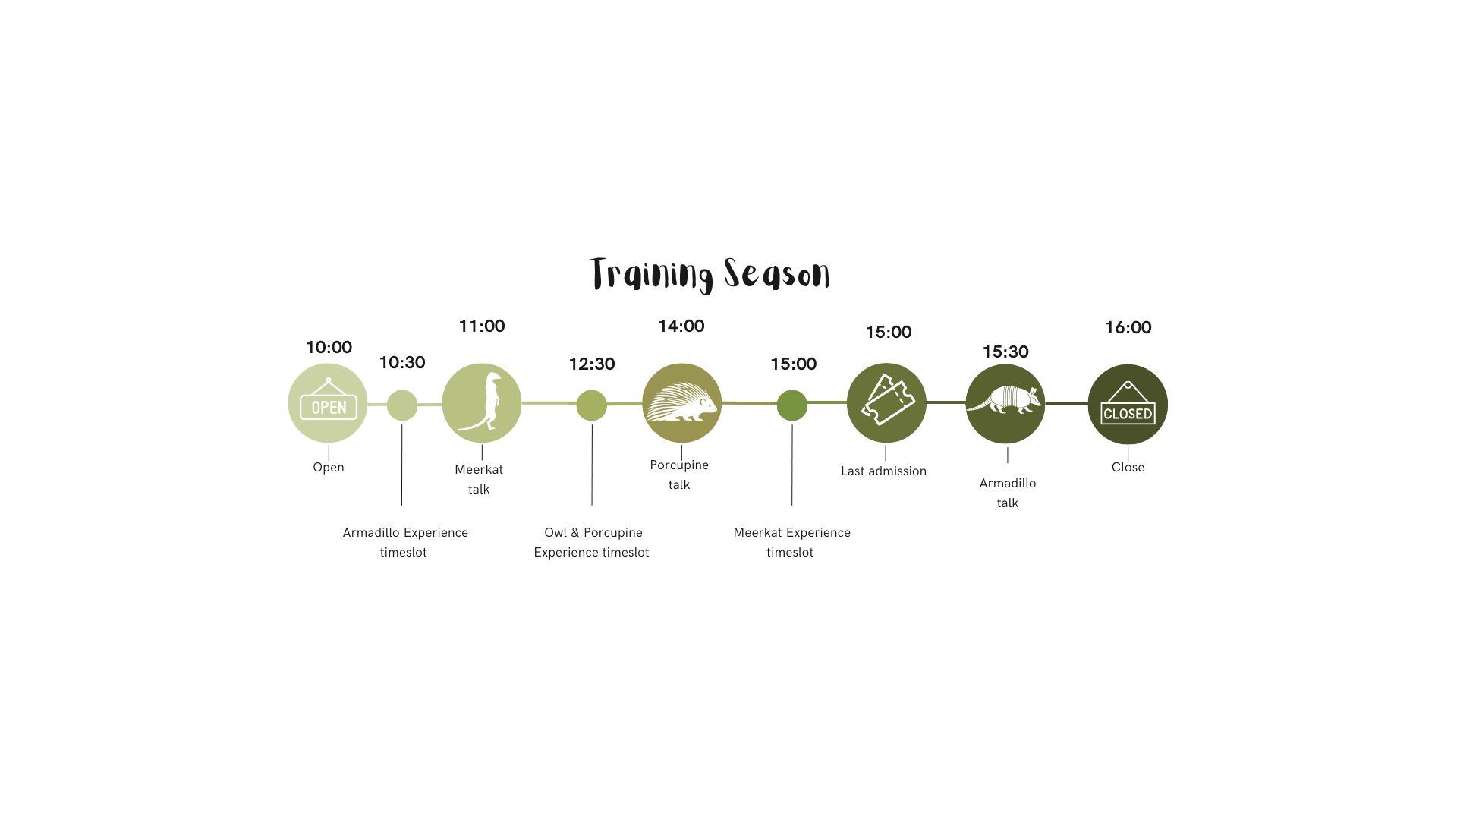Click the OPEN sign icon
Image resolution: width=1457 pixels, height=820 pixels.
tap(328, 403)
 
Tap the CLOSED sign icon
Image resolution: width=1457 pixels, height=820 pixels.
tap(1128, 404)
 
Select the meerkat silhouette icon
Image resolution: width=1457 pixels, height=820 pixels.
tap(482, 403)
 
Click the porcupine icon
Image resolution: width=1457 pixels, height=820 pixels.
tap(681, 403)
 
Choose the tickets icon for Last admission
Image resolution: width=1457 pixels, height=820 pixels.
tap(886, 403)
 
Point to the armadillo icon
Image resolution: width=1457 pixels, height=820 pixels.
tap(1005, 403)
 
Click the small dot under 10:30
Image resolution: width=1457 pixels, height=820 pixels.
tap(402, 405)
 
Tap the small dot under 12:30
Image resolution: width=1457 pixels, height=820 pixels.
tap(592, 405)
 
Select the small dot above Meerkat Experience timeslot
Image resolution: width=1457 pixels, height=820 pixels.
tap(792, 405)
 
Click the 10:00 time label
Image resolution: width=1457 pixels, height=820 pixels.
tap(329, 348)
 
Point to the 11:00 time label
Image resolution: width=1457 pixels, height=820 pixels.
tap(482, 326)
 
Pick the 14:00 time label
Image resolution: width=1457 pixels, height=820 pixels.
tap(681, 326)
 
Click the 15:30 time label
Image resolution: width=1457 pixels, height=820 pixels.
tap(1005, 352)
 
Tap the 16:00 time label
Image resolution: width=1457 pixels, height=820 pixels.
tap(1128, 328)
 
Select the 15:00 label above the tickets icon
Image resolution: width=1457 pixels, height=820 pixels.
tap(889, 333)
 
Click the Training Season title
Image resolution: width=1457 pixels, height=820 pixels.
tap(709, 274)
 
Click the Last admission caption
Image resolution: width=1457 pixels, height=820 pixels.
tap(883, 471)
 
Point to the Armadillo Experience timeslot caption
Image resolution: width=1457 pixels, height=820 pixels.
tap(404, 542)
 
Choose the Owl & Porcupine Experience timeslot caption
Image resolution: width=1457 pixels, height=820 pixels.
tap(592, 542)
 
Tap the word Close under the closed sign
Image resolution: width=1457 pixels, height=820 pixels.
tap(1128, 468)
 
